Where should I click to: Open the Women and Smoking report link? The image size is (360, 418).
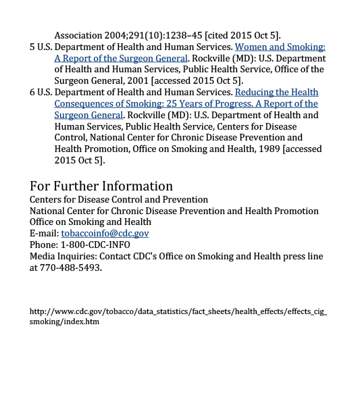280,47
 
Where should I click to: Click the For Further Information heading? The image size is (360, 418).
101,186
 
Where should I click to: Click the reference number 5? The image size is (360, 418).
32,47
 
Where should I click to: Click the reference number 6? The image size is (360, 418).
32,92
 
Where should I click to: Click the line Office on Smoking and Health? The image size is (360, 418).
90,221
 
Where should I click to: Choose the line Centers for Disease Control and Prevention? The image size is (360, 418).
119,199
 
